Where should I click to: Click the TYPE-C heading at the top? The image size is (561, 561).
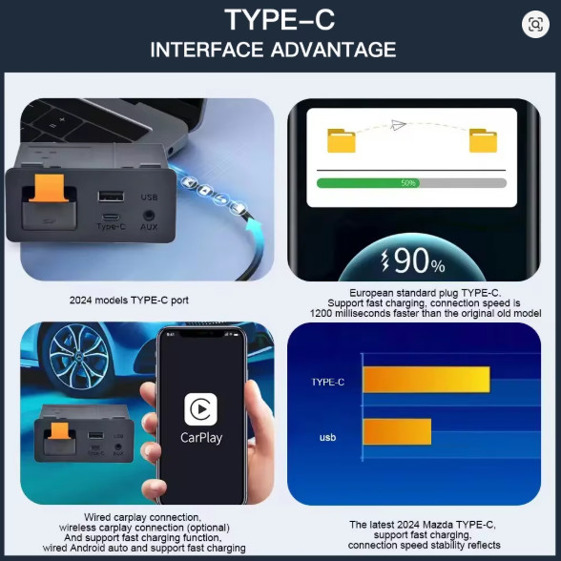tap(280, 20)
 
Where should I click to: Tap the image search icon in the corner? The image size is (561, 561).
tap(535, 25)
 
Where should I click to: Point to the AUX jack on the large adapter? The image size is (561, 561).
tap(149, 216)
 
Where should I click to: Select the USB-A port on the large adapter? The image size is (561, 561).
tap(111, 197)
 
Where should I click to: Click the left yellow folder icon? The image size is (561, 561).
tap(342, 140)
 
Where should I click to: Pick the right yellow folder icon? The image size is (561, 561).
tap(483, 140)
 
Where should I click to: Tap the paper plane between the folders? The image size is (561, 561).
tap(398, 124)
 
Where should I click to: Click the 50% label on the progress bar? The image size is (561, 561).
tap(408, 183)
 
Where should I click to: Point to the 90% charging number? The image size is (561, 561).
tap(420, 260)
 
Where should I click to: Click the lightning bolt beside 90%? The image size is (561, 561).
tap(385, 260)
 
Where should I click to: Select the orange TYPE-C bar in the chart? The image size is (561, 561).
tap(426, 380)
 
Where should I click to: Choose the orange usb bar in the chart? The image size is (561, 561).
tap(397, 432)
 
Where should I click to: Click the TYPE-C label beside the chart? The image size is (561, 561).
tap(328, 382)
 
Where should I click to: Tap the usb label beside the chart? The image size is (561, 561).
tap(328, 437)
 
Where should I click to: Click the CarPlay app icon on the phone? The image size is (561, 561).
tap(200, 409)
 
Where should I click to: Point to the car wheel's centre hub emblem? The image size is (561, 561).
tap(78, 356)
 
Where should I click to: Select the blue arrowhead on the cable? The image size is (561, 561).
tap(255, 227)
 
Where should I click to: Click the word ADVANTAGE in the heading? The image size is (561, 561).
tap(334, 50)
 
